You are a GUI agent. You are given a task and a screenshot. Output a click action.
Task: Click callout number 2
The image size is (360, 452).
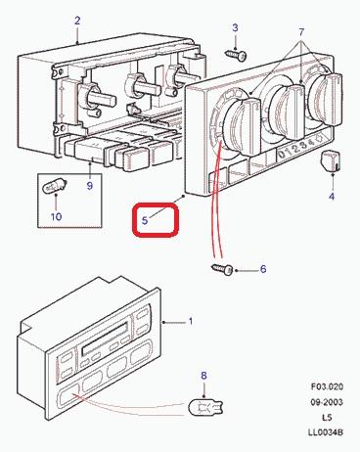pos(77,21)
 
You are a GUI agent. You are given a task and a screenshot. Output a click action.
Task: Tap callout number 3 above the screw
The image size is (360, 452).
pos(235,28)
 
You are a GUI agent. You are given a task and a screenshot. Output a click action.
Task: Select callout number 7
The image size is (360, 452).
pos(301,32)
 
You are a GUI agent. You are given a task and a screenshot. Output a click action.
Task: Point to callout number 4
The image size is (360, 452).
pos(332,197)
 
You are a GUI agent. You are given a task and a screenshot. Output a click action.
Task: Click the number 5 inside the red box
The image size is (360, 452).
pos(145,220)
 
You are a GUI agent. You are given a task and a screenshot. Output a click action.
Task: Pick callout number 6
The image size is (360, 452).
pos(263,269)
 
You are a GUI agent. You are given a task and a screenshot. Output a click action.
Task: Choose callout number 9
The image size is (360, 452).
pos(90,186)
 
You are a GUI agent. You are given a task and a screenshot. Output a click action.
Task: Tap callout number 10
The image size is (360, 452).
pos(57,216)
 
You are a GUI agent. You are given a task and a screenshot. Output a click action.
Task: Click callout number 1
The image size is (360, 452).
pos(191,321)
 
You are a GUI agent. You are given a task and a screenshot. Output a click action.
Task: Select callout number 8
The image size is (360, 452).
pos(203,376)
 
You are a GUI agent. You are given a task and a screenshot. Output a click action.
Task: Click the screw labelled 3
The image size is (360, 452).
pos(236,55)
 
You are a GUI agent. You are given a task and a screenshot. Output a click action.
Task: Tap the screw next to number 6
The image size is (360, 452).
pos(222,269)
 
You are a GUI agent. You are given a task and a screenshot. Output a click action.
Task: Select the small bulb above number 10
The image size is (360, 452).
pos(55,187)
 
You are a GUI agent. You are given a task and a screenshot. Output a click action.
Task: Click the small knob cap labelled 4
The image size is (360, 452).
pos(332,160)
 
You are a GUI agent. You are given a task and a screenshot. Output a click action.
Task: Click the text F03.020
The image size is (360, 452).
pos(327,386)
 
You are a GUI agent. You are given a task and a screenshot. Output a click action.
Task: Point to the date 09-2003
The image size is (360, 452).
pos(327,402)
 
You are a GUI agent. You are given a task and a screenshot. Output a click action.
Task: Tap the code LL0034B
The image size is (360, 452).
pos(326,432)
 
